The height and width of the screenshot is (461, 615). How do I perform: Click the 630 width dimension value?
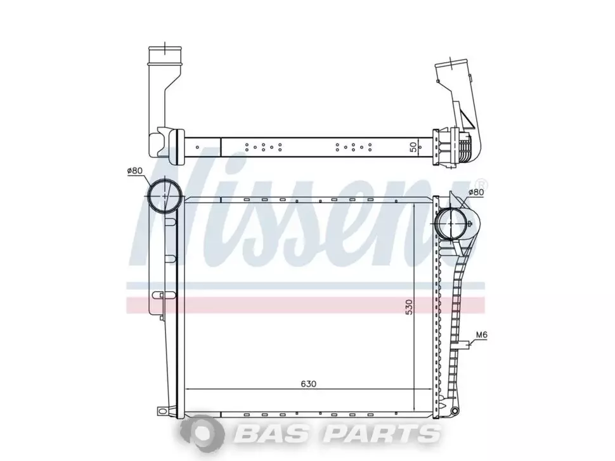tap(308, 384)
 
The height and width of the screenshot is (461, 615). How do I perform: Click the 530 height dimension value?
tap(409, 307)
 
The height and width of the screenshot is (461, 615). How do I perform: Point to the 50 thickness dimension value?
tap(413, 148)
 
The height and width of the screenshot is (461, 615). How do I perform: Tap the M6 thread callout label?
tap(481, 335)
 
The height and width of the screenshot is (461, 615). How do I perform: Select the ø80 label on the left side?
tap(134, 171)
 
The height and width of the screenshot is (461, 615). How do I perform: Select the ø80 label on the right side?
tap(476, 192)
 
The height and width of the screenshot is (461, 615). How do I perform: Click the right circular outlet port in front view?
tap(451, 223)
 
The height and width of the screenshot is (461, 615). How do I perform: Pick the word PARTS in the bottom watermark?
tap(380, 434)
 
